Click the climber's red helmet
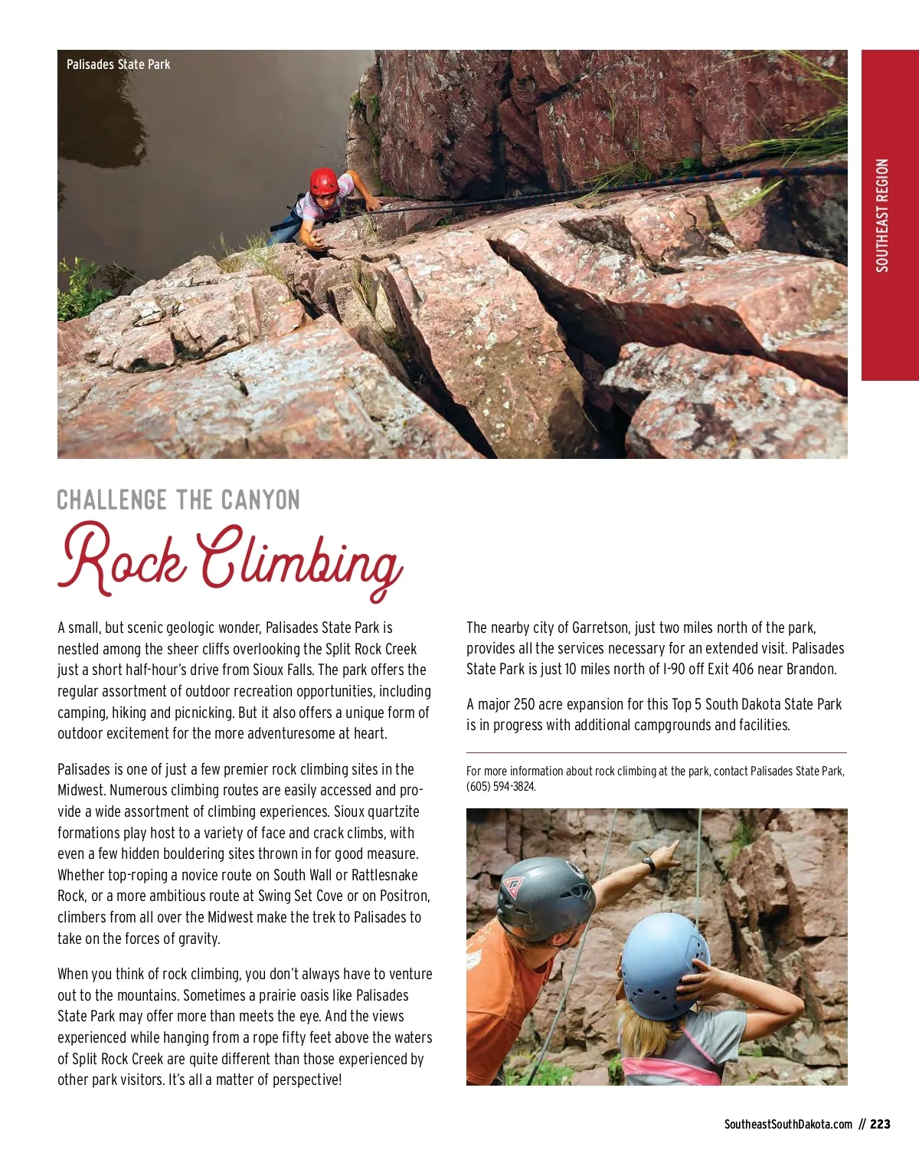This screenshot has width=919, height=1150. point(323,182)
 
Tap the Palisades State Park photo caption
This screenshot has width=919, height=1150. point(118,64)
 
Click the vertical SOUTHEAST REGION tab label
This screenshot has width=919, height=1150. point(882,215)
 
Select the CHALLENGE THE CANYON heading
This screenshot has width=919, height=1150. point(178,500)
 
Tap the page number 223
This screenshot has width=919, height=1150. point(880,1124)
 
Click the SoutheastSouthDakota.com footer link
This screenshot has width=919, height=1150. point(787,1124)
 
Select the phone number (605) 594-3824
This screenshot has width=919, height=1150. point(501,787)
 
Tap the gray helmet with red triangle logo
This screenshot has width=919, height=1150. point(545,896)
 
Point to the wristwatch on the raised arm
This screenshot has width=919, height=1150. point(649,864)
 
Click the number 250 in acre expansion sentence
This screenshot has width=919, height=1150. point(525,704)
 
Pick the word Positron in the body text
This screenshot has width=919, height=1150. point(404,896)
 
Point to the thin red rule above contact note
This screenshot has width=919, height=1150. point(656,753)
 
